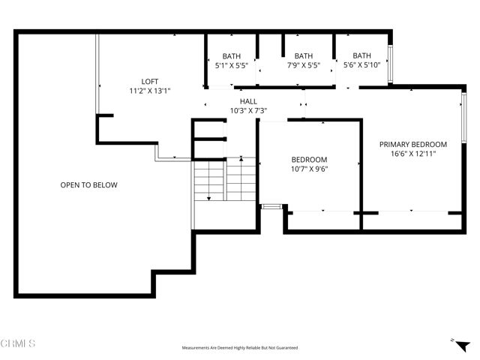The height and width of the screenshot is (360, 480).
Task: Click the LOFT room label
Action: tap(150, 82)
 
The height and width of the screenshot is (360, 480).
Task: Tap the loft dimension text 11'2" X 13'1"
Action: tap(150, 91)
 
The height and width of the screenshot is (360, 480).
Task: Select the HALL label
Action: tap(248, 101)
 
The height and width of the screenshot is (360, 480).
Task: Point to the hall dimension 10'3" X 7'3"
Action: tap(248, 111)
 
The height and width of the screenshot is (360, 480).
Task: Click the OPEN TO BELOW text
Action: tap(88, 184)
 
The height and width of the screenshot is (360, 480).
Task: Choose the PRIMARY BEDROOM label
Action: tap(412, 144)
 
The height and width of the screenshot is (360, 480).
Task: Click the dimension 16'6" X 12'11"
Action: tap(412, 154)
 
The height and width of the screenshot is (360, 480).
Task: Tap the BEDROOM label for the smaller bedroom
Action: tap(309, 159)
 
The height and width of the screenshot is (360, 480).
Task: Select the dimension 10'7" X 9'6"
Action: tap(309, 169)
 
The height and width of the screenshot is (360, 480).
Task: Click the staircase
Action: tap(225, 184)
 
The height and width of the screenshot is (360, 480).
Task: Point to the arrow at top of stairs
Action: tap(241, 158)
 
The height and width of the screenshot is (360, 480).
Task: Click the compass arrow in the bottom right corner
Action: tap(454, 340)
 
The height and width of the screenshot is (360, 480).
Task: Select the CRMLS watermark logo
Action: tap(18, 343)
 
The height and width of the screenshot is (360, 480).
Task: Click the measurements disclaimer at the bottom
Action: tap(239, 348)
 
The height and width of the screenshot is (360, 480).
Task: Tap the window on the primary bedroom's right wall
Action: tap(464, 120)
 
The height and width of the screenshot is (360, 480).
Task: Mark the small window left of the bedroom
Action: tap(270, 205)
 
